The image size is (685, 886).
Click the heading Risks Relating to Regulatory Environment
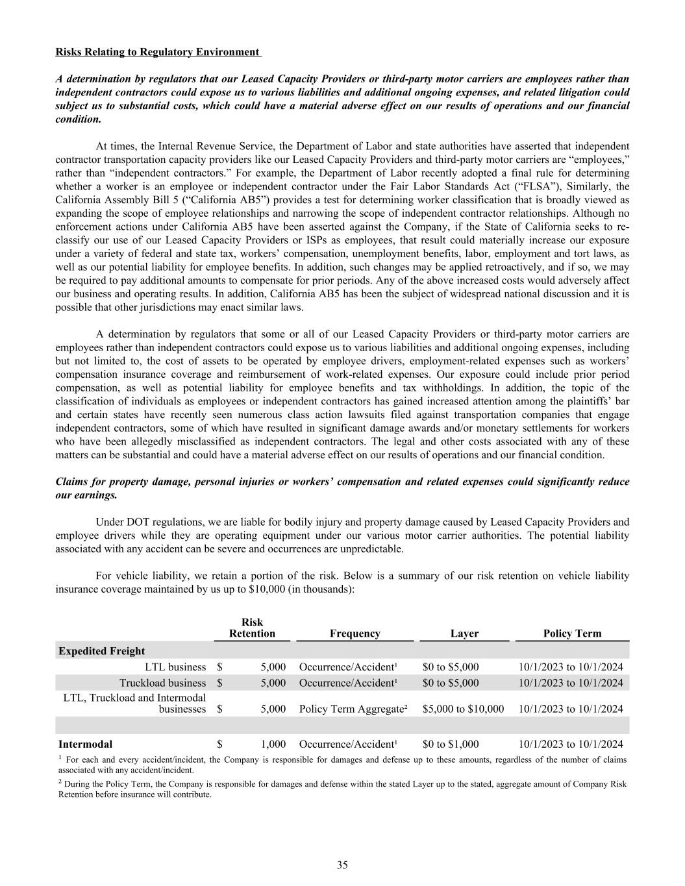[158, 52]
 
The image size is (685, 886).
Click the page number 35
[342, 864]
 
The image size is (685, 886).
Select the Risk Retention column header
[252, 628]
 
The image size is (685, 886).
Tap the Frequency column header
[355, 634]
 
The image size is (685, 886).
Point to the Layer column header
[464, 634]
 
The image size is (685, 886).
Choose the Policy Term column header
[572, 634]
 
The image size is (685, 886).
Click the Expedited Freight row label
[102, 651]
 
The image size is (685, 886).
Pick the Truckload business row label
[162, 683]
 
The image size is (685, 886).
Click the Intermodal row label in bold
[85, 744]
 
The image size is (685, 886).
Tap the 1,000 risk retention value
[273, 744]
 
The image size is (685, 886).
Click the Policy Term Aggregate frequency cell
[353, 709]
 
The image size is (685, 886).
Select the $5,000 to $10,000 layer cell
[463, 709]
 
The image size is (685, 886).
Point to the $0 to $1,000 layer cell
[451, 744]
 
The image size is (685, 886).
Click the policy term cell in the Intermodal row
[571, 744]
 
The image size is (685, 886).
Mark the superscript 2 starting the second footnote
[60, 783]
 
